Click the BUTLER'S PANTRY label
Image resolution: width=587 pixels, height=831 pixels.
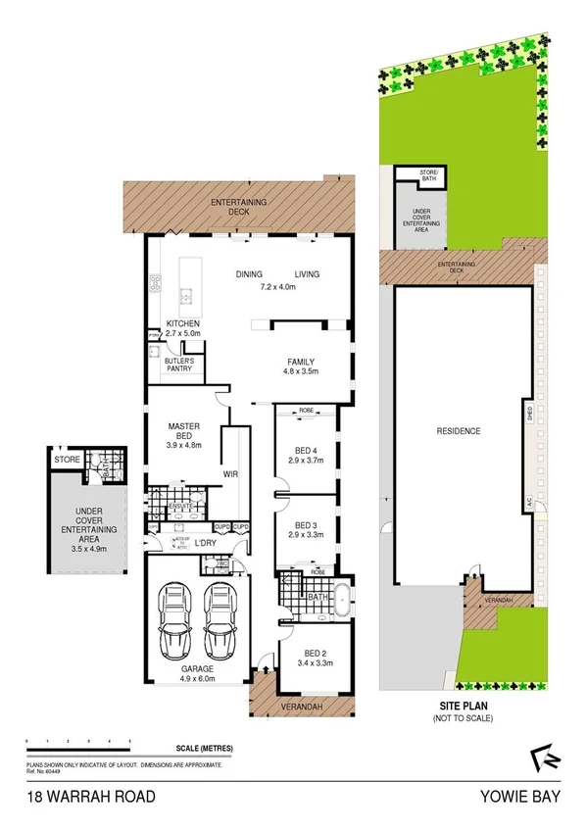[x=185, y=366]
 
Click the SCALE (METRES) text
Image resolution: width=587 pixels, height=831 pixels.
[x=204, y=749]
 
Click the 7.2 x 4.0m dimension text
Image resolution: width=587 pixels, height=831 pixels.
[x=278, y=287]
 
